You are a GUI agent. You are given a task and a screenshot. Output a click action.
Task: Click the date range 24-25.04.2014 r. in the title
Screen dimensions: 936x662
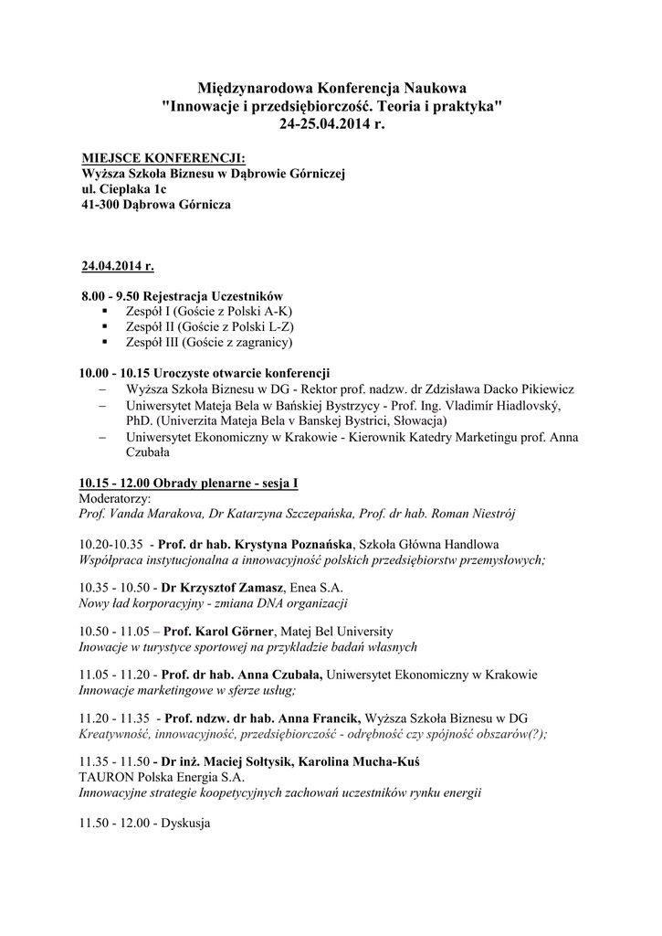point(331,122)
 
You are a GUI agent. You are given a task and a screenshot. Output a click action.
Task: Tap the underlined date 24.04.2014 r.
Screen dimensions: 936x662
point(118,267)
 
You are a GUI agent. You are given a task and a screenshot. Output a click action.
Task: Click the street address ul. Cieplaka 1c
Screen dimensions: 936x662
point(124,189)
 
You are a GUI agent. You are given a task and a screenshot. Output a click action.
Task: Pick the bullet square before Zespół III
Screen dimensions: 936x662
point(106,342)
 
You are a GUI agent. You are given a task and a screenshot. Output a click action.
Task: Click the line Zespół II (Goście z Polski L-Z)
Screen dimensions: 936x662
point(210,326)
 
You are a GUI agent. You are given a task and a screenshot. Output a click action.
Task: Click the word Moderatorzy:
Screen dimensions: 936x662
point(115,499)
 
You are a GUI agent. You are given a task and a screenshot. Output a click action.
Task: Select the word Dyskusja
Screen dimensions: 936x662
point(185,823)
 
